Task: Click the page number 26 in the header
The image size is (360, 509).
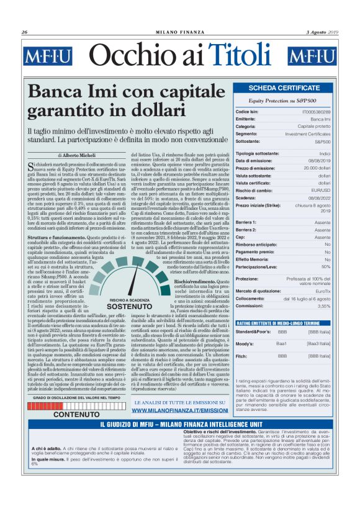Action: click(x=24, y=32)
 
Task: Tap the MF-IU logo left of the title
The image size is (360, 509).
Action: click(x=48, y=56)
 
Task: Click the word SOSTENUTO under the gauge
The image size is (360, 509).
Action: click(x=130, y=307)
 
